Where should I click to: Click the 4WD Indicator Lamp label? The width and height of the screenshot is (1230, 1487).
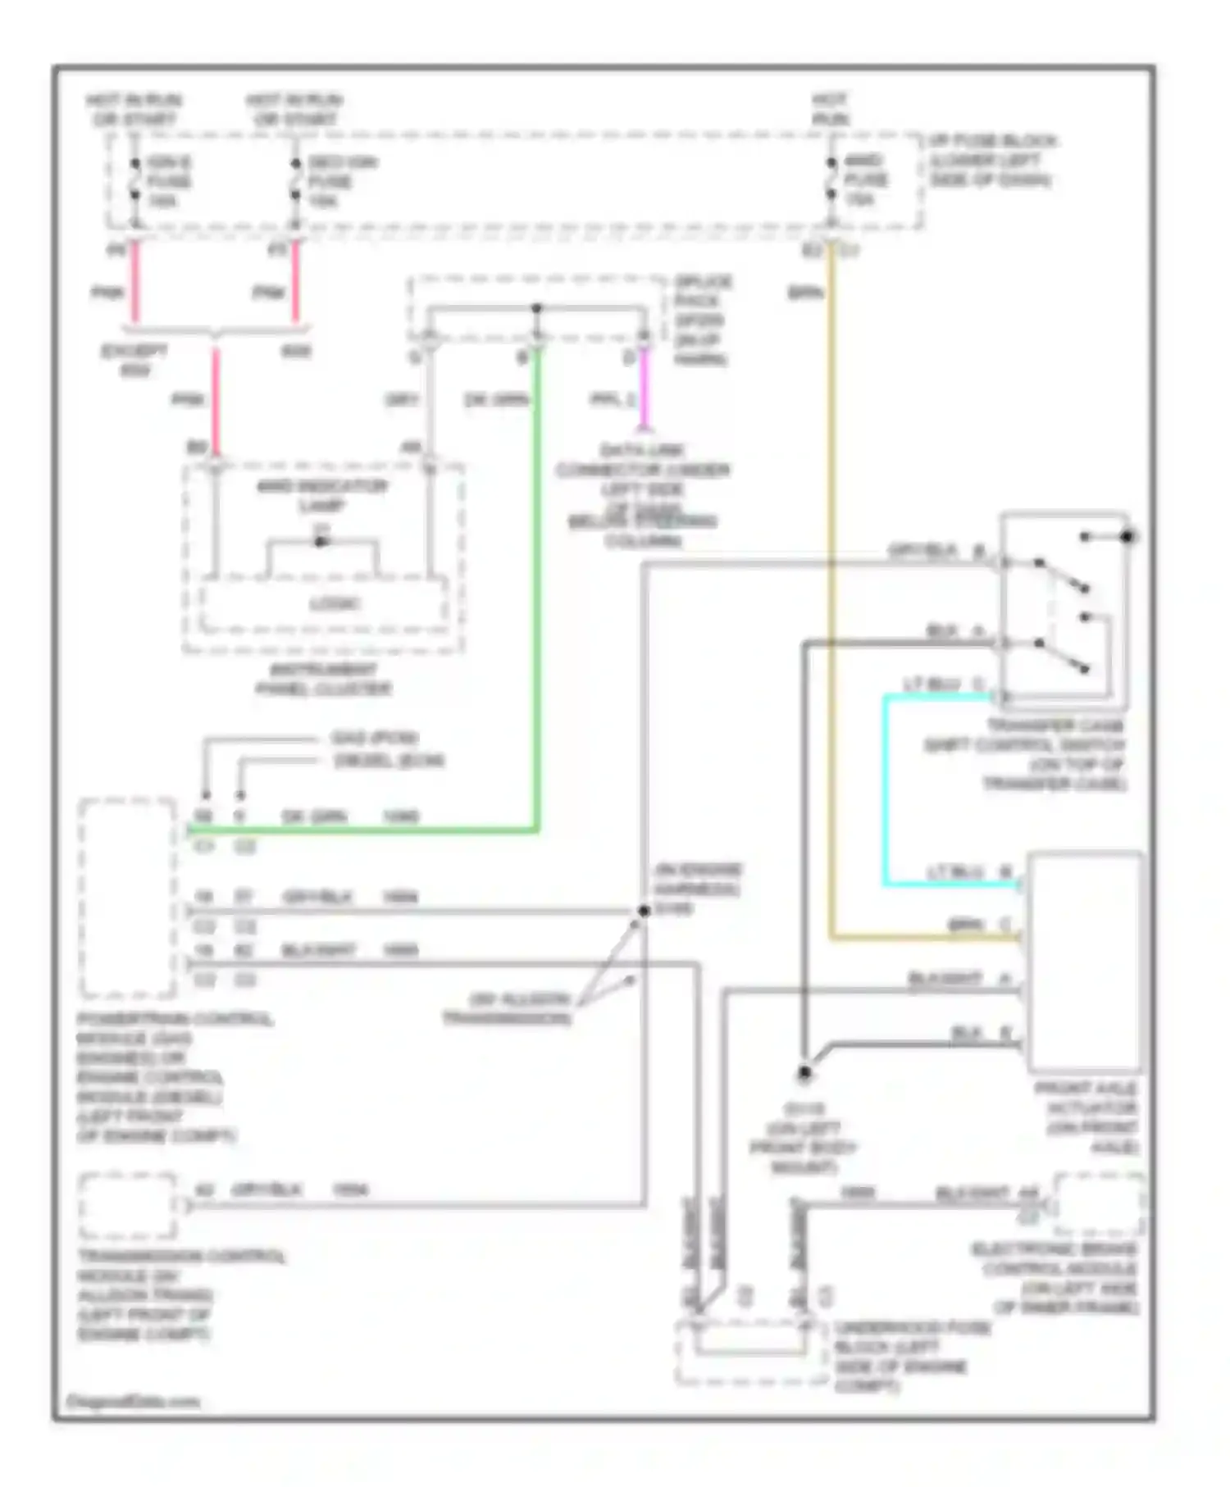click(321, 495)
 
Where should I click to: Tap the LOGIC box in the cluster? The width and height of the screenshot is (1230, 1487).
click(335, 604)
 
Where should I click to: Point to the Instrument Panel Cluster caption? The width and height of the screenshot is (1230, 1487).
click(323, 679)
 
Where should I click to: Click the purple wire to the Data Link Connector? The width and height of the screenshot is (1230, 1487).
click(644, 389)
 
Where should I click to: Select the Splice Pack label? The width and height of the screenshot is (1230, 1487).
click(702, 320)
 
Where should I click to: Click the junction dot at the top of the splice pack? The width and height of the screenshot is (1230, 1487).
click(536, 308)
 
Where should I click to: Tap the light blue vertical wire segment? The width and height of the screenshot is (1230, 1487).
click(886, 791)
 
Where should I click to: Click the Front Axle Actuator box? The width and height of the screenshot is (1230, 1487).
click(1084, 961)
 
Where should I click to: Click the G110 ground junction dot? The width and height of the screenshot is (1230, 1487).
click(804, 1072)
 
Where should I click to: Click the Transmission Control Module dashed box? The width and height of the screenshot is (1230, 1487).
click(127, 1205)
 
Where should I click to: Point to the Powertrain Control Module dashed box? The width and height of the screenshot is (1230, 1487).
click(127, 898)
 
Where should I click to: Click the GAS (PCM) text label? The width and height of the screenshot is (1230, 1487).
click(374, 738)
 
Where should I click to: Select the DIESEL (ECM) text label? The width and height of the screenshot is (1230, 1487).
click(389, 761)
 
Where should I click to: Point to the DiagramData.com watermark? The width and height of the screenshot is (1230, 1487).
click(133, 1401)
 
